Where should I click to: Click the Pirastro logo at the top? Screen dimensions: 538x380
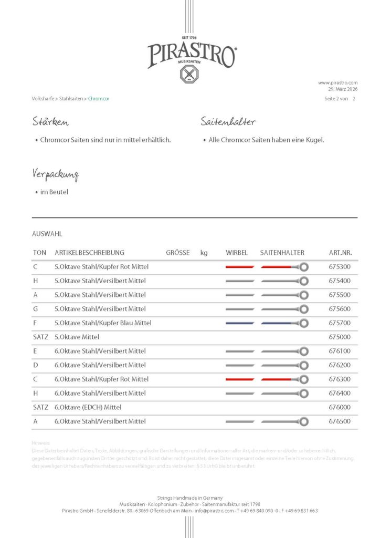pos(191,56)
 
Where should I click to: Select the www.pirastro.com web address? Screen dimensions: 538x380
pos(337,82)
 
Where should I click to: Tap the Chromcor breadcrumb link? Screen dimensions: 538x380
pos(99,98)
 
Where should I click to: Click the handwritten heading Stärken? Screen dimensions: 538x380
pos(50,122)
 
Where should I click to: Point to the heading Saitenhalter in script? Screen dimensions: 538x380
pos(228,122)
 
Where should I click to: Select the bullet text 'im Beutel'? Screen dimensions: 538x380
pos(54,192)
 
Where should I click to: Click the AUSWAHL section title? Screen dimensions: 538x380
pos(47,234)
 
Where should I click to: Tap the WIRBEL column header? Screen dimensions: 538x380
pos(236,253)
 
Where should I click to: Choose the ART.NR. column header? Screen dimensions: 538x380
pos(340,253)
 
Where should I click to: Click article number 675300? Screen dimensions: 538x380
pos(340,267)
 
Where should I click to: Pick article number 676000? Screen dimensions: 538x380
pos(340,407)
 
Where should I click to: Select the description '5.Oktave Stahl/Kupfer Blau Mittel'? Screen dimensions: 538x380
pos(103,323)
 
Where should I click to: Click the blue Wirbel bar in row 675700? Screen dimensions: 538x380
pos(240,323)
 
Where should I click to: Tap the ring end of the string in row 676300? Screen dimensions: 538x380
pos(303,379)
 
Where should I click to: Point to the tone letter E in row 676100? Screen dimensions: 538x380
pos(35,351)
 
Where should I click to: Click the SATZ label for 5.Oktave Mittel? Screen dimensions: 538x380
pos(40,337)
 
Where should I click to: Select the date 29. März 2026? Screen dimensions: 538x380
pos(343,89)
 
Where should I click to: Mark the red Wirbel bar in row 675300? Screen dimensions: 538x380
pos(240,267)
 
